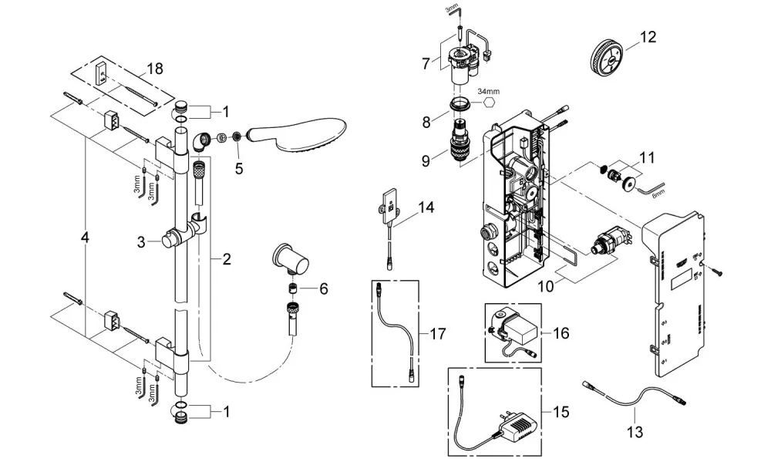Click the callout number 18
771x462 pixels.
point(155,69)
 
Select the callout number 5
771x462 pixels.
point(239,169)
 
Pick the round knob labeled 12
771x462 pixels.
point(607,58)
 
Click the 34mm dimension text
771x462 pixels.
point(488,92)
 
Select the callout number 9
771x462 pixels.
point(426,161)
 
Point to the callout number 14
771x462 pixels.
point(426,207)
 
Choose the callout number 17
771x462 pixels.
point(437,334)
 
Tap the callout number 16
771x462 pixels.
point(561,333)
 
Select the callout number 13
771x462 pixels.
point(635,433)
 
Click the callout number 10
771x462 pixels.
point(546,286)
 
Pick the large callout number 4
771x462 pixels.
point(85,238)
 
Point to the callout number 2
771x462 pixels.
point(226,259)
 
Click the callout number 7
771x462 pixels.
point(426,63)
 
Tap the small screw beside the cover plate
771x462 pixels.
point(715,270)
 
